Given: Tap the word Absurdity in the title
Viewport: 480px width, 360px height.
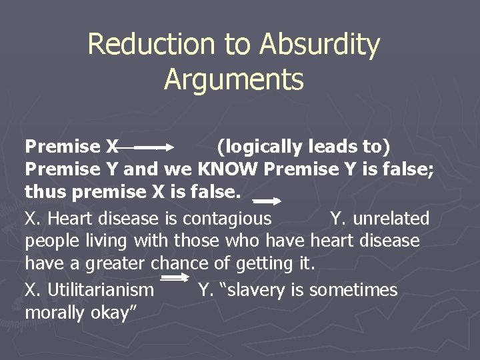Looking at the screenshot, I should [320, 45].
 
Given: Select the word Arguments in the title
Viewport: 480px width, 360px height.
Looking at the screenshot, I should [233, 79].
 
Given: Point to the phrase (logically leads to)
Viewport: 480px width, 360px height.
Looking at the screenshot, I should [304, 146].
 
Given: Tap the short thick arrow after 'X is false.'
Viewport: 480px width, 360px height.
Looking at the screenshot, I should [268, 200].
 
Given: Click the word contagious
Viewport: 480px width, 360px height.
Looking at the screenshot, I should [227, 218].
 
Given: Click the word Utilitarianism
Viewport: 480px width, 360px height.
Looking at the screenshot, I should [102, 290].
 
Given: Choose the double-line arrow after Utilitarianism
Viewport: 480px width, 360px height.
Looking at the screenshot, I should [176, 278].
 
